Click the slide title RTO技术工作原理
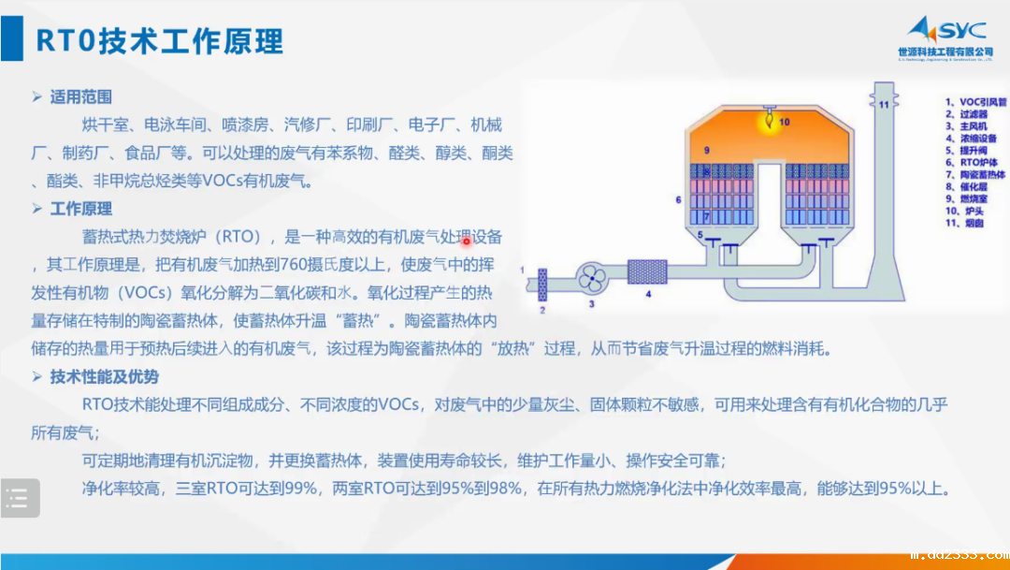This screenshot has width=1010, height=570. click(159, 41)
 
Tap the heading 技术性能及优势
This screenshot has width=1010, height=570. click(104, 377)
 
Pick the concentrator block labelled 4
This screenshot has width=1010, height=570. click(646, 271)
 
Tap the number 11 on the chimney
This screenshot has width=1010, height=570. click(882, 105)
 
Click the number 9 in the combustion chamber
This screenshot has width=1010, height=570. click(707, 150)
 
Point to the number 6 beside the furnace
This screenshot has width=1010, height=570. click(678, 199)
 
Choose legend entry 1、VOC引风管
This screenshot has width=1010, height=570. click(974, 102)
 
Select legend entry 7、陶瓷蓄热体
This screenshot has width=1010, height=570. click(974, 174)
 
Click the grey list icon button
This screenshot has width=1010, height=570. click(20, 498)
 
